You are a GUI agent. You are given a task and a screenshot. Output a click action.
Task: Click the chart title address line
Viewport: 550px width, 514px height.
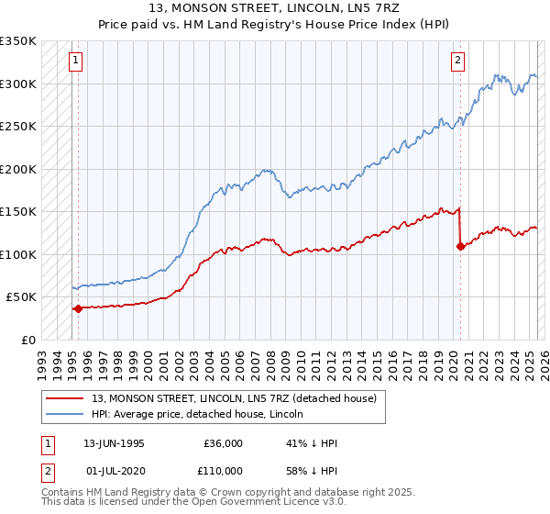click(x=275, y=8)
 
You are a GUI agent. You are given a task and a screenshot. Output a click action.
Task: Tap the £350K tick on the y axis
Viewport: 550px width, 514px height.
click(x=18, y=41)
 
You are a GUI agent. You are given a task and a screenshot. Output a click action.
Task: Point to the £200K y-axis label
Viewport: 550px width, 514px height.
click(x=18, y=169)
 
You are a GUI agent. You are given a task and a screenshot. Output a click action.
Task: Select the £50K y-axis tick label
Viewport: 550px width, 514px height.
click(x=22, y=297)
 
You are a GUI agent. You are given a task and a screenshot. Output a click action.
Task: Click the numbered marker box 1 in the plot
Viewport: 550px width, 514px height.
click(x=74, y=61)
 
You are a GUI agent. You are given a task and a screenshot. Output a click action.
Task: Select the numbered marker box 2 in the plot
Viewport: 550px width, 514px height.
click(x=456, y=61)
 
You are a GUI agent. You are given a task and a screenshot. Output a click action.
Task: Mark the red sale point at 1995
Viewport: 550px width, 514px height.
click(x=78, y=308)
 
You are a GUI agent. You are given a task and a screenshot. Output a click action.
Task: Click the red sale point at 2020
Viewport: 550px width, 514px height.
click(x=460, y=246)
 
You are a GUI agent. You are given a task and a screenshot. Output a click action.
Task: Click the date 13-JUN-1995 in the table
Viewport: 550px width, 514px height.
click(x=114, y=443)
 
